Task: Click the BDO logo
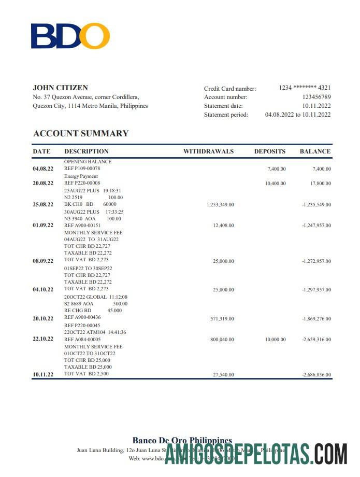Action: [70, 36]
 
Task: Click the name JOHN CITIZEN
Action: [60, 88]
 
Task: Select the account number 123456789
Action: [316, 97]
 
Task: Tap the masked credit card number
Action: [305, 88]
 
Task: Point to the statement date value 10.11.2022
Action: [316, 106]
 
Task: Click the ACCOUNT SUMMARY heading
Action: [81, 133]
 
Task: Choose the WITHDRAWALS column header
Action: [208, 151]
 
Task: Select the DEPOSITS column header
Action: [269, 151]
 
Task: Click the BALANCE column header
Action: [315, 151]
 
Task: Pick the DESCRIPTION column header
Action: [87, 151]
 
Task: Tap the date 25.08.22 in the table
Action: [43, 205]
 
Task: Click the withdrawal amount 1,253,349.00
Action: [220, 205]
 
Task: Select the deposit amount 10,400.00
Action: [275, 184]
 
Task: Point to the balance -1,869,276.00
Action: [316, 319]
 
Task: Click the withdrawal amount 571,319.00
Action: [222, 319]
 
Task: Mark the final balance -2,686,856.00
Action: [316, 374]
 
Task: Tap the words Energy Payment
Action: [81, 176]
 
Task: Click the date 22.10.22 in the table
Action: [43, 339]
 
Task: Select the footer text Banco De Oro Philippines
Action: [182, 441]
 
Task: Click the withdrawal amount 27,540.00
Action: [223, 374]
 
